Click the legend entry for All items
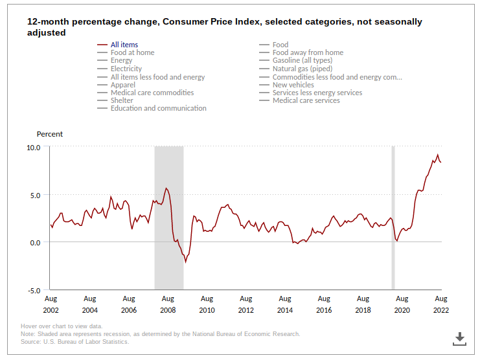tap(124, 45)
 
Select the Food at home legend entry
tap(132, 52)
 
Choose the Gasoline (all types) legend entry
tap(301, 60)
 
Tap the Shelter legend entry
tap(122, 100)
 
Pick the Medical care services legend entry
tap(306, 100)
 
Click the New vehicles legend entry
tap(293, 85)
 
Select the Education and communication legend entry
tap(158, 108)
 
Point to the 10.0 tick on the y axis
tap(33, 147)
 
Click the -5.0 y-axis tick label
tap(33, 291)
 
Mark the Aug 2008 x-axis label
tap(168, 304)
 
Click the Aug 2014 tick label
tap(285, 304)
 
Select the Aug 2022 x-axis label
tap(441, 304)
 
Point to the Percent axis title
tap(50, 134)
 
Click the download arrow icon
tap(459, 337)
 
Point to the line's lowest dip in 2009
tap(186, 262)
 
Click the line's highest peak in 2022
tap(438, 155)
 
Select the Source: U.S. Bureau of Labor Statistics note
tap(74, 342)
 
